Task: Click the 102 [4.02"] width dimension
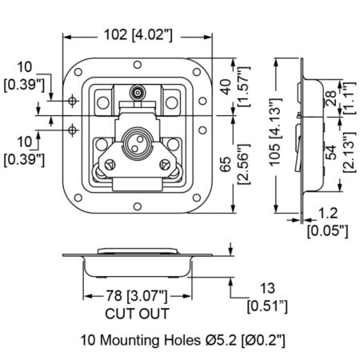(138, 35)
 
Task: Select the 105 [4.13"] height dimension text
(275, 132)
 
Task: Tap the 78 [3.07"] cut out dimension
(137, 296)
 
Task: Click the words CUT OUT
(137, 314)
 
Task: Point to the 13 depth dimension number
(267, 289)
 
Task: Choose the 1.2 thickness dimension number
(328, 214)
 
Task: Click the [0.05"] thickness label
(328, 231)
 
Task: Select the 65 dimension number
(226, 164)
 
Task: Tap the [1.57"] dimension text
(244, 86)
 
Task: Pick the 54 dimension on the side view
(331, 152)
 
